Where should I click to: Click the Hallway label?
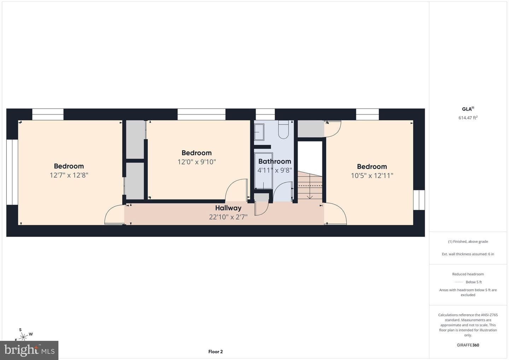coord(228,208)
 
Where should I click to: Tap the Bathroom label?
coord(275,161)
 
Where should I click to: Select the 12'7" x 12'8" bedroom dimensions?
coord(69,175)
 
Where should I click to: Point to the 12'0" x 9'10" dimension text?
coord(197,162)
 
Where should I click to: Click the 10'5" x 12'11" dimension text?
coord(372,175)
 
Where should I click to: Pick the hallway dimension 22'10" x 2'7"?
coord(228,217)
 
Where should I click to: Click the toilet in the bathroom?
coord(283,129)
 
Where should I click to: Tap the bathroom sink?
coord(259,132)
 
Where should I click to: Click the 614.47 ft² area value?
coord(468,117)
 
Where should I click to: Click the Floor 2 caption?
coord(215,352)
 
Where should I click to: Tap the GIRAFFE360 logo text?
coord(468,345)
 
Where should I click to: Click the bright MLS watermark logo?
coord(29,350)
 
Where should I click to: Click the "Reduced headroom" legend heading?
coord(468,274)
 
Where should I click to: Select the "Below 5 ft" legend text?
coord(474,282)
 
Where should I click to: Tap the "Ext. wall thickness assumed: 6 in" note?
coord(468,254)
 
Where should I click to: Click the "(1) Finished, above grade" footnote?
coord(468,242)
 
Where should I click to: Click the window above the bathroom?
coord(265,114)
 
